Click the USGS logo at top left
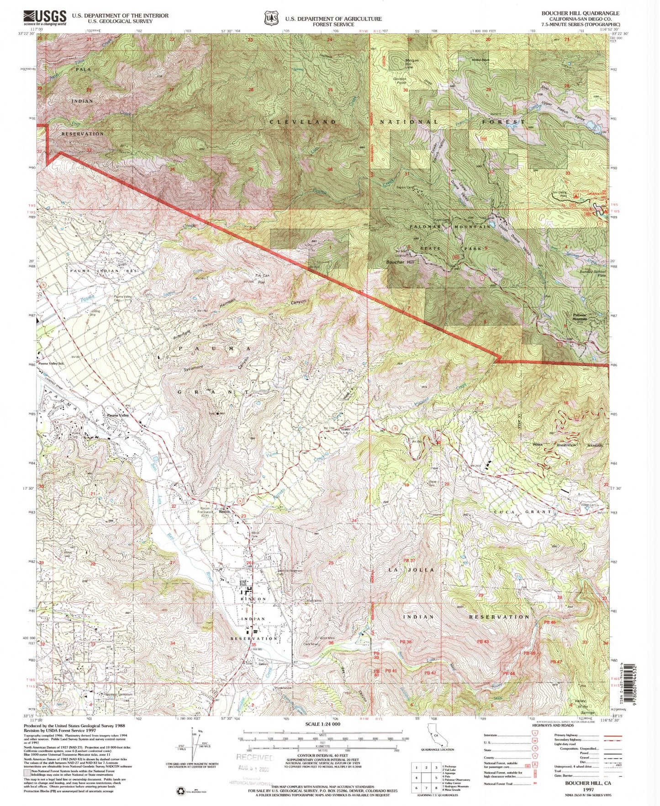tap(45, 18)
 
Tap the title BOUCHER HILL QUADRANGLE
tap(581, 13)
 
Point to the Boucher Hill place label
tap(400, 262)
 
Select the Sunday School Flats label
tap(593, 273)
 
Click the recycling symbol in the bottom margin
tap(180, 792)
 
